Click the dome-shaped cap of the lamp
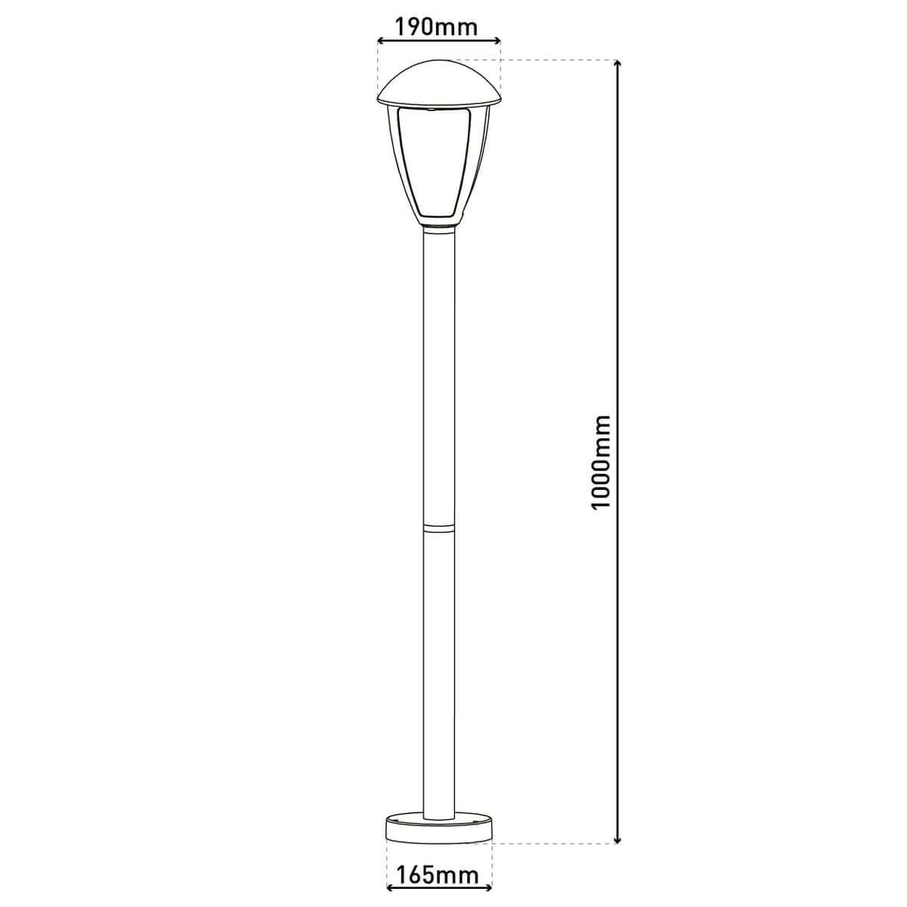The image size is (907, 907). point(439,82)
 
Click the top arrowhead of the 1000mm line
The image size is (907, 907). point(619,65)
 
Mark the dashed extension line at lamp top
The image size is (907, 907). point(544,59)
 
